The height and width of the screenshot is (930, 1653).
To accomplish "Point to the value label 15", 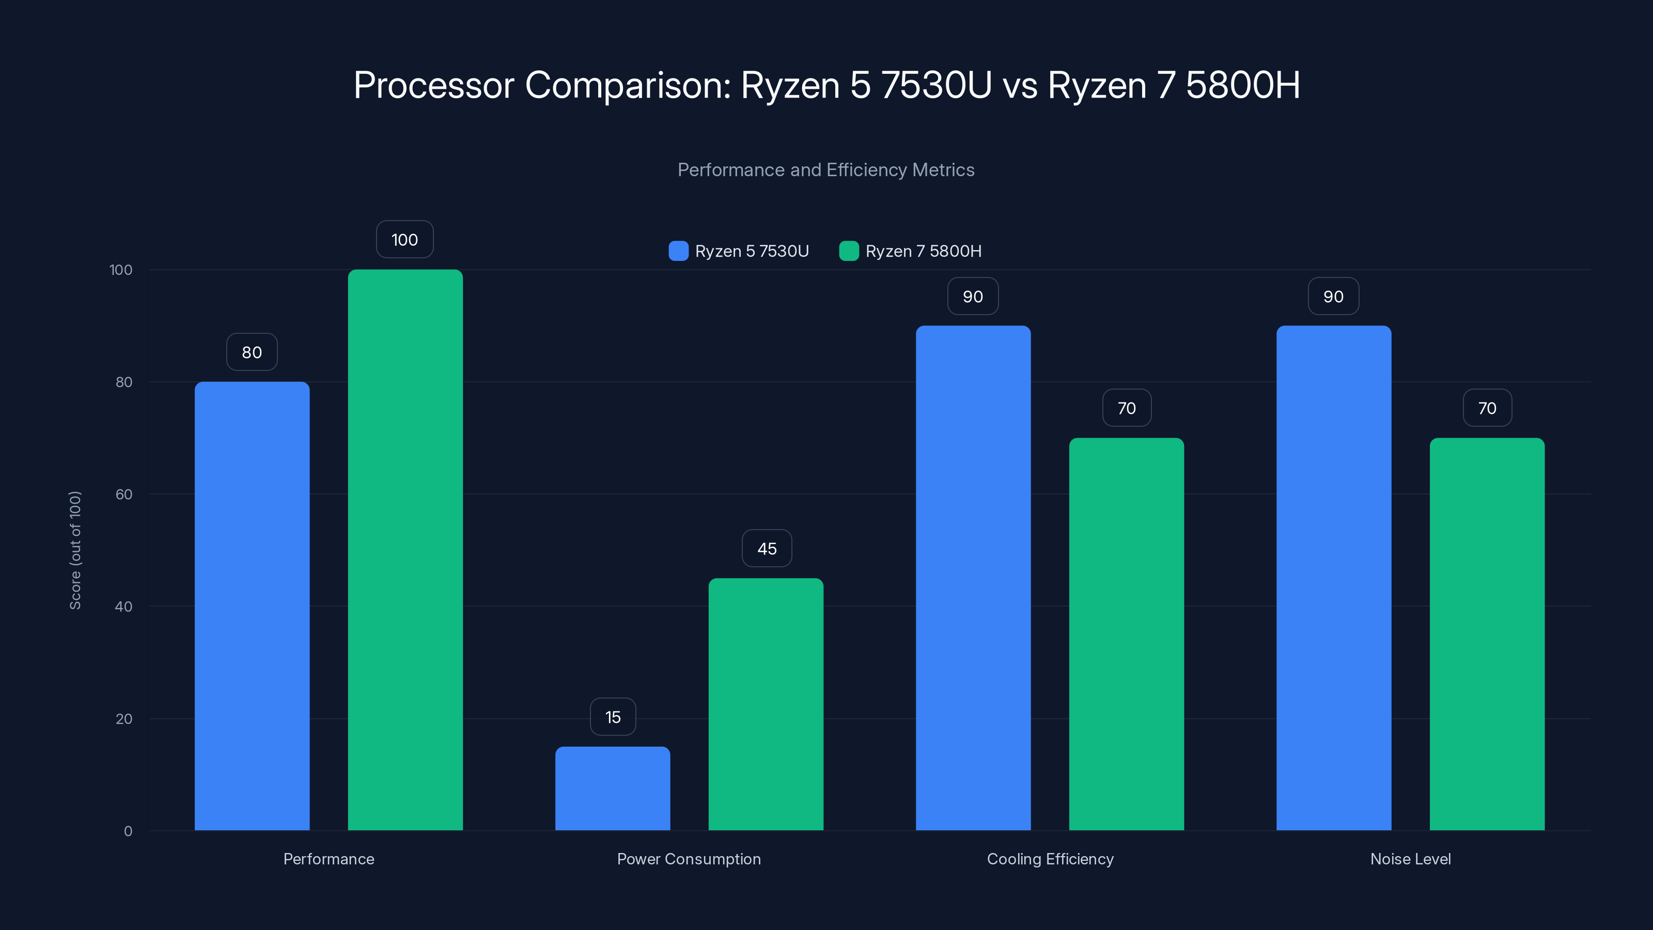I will point(613,717).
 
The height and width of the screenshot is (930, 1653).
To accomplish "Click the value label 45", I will point(767,549).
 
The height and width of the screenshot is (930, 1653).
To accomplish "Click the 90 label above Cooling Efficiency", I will point(973,297).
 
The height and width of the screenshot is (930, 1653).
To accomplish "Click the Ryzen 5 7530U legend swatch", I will point(678,251).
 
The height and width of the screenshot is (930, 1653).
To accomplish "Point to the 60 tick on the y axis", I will point(124,494).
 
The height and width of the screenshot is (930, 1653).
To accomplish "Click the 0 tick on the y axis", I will point(128,831).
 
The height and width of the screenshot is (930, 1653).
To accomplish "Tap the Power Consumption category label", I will point(689,859).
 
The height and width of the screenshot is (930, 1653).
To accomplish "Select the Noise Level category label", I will point(1410,859).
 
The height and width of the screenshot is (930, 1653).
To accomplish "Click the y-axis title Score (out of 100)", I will point(75,550).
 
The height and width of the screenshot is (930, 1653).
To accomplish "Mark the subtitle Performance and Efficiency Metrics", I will point(826,170).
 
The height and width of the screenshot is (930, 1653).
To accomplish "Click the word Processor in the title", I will point(434,85).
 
